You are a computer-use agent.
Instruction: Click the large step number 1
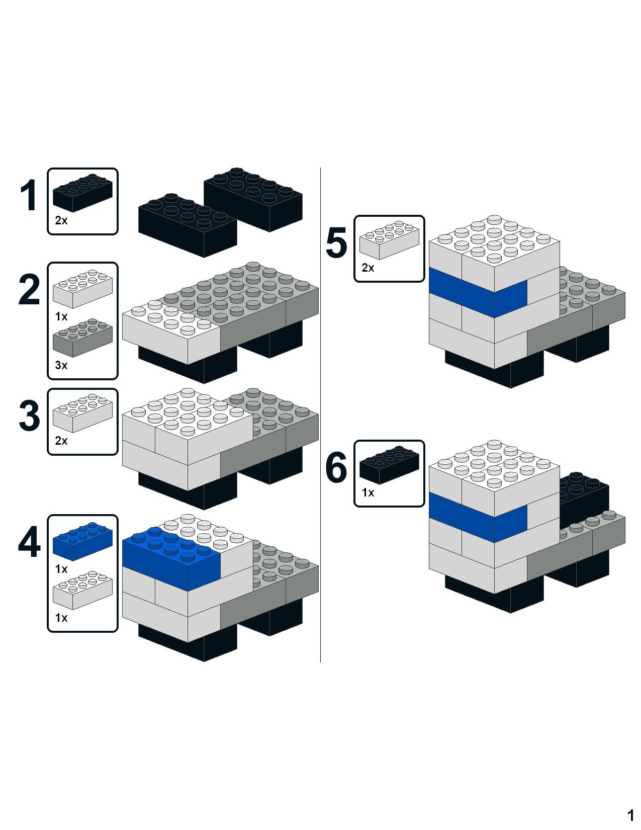[29, 195]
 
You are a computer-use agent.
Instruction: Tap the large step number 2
[29, 290]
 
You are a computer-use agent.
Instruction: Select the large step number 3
[29, 416]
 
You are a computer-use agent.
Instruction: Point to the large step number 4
[29, 542]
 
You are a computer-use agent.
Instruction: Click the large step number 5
[336, 242]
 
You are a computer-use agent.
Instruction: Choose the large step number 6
[336, 467]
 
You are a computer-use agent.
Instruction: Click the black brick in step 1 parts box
[82, 193]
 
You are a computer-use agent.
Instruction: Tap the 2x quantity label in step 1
[61, 220]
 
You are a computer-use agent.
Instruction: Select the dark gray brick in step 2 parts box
[82, 338]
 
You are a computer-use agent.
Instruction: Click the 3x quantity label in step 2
[61, 365]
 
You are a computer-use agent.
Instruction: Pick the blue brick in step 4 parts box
[82, 542]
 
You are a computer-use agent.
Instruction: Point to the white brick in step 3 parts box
[82, 413]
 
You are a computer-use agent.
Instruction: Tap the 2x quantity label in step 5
[368, 268]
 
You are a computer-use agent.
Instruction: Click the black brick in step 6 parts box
[390, 465]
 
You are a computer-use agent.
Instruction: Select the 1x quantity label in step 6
[368, 493]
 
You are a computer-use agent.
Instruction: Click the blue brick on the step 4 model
[171, 558]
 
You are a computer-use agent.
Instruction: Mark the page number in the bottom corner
[630, 814]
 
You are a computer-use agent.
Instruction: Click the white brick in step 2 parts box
[82, 289]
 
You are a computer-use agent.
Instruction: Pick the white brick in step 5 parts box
[390, 240]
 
